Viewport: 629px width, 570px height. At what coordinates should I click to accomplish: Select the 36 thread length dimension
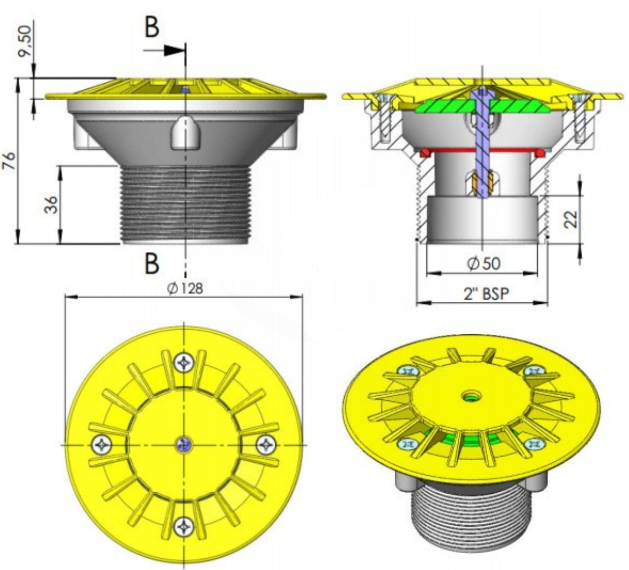click(51, 205)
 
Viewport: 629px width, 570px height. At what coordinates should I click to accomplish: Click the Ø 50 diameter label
click(484, 264)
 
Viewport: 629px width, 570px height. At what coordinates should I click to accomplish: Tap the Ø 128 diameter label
click(185, 288)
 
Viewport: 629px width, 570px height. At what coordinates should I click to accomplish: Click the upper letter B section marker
click(152, 27)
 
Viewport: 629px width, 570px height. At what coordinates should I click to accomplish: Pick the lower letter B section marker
click(152, 263)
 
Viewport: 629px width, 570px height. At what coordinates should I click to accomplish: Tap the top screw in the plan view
click(183, 363)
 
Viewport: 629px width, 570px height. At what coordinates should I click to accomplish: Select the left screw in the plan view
click(102, 445)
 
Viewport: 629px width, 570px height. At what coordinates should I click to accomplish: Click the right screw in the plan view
click(266, 445)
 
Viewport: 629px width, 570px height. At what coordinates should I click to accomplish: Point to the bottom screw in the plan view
click(183, 526)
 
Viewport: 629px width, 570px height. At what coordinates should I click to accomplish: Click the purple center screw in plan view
click(184, 445)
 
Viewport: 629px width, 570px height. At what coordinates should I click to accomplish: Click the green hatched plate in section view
click(483, 106)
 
